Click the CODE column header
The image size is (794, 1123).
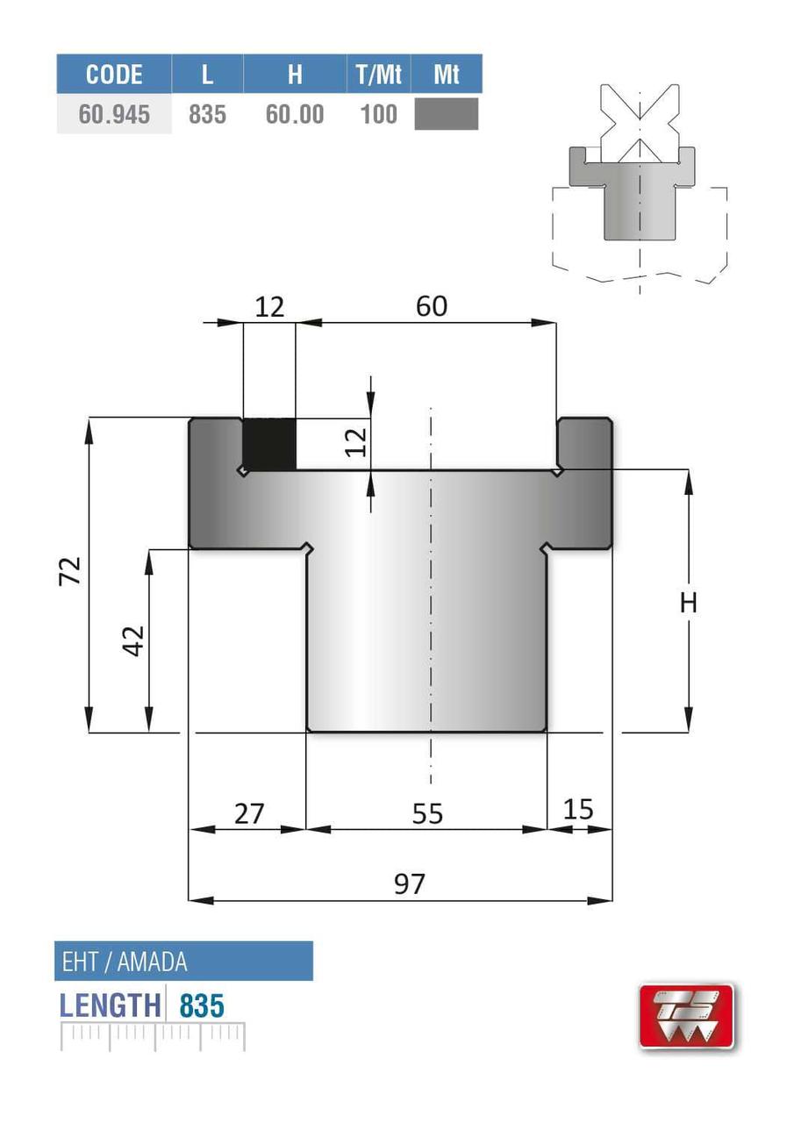114,75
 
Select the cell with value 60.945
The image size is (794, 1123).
114,115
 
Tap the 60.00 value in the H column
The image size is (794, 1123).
295,115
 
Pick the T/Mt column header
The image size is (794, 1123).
378,75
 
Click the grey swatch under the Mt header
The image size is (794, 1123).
446,114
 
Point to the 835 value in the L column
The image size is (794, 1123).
207,115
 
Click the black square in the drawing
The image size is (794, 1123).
269,444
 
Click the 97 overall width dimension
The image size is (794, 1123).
409,883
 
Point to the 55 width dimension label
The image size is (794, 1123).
427,814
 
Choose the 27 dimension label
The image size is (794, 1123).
249,813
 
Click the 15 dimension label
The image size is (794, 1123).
578,809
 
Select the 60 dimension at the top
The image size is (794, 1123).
431,306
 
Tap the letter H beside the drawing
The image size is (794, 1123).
689,603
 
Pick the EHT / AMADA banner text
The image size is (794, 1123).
125,962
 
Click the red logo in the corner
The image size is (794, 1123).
685,1016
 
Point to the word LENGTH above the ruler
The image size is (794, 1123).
111,1005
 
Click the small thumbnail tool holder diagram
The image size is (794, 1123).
640,184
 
